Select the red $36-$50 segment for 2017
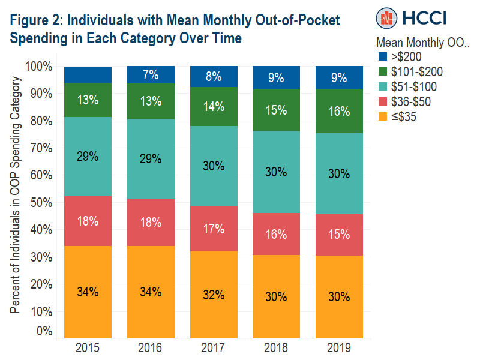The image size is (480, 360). (214, 229)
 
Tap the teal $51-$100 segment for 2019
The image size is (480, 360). (340, 173)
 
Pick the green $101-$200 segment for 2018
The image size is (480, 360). (277, 110)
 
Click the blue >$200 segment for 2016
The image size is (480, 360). (151, 75)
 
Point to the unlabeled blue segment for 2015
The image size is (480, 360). (88, 74)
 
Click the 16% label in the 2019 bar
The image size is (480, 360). (340, 112)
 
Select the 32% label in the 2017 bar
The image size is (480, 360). (214, 295)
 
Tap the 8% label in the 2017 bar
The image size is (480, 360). (214, 76)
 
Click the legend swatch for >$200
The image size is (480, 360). (382, 57)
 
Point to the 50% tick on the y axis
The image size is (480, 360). (41, 202)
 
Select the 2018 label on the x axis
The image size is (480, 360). (277, 347)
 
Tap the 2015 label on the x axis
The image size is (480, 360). (88, 347)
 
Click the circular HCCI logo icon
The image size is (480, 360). (387, 17)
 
